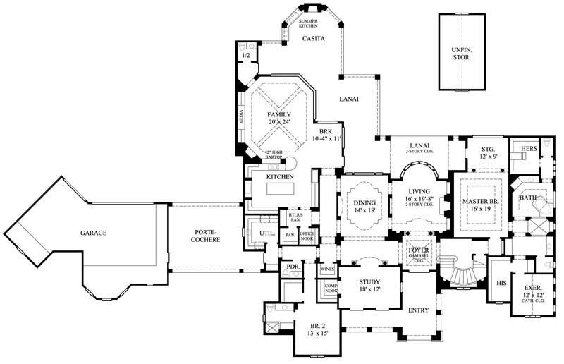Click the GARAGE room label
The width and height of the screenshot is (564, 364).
pos(93,233)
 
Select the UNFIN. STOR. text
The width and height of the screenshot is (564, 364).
pos(462,54)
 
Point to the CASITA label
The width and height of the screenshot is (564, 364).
pos(313,39)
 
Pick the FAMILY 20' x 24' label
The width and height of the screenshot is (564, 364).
pos(279,118)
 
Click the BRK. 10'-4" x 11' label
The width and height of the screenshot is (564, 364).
pos(326,135)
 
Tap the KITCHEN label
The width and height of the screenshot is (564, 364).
pos(279,176)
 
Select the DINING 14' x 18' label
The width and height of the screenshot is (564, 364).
pos(365,206)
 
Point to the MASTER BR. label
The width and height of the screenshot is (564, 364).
pos(480,205)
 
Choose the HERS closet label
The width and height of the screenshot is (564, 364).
pos(529,149)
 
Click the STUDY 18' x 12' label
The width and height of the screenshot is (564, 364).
pos(369,285)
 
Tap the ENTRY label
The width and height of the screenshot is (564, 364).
pos(420,310)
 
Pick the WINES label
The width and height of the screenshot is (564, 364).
pos(326,269)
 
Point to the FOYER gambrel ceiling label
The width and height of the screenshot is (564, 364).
pos(419,253)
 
